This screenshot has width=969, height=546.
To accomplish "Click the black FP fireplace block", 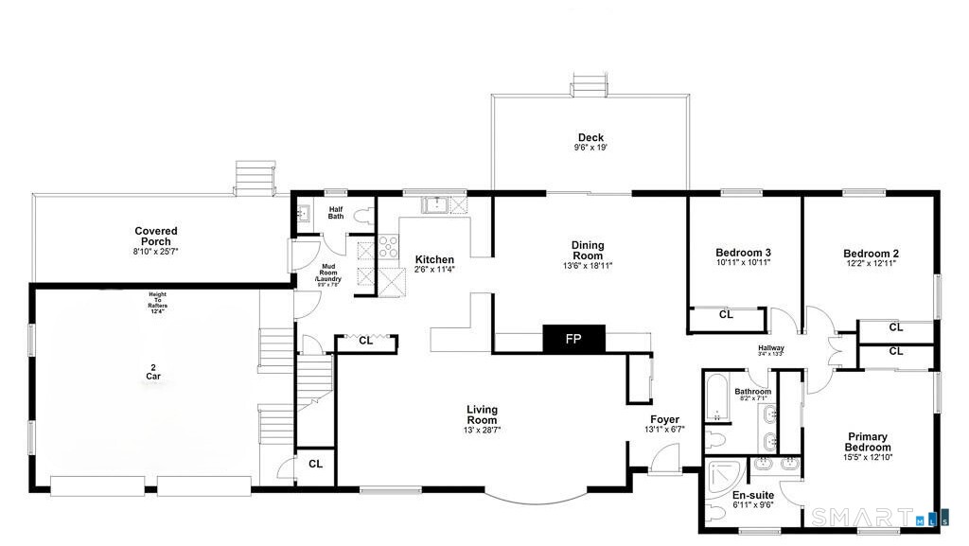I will pyautogui.click(x=573, y=339).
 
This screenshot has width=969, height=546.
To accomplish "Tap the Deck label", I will pyautogui.click(x=590, y=137).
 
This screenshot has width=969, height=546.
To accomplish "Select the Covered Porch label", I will pyautogui.click(x=156, y=236).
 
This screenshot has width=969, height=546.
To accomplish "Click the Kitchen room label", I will pyautogui.click(x=434, y=259).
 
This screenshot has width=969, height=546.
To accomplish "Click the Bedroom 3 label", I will pyautogui.click(x=743, y=253).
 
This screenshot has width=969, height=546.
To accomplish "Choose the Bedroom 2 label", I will pyautogui.click(x=871, y=253).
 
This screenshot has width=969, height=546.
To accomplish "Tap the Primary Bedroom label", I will pyautogui.click(x=867, y=442).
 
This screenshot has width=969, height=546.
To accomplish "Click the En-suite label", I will pyautogui.click(x=753, y=494).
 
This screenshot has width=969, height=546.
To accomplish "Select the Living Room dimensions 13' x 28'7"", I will pyautogui.click(x=482, y=430).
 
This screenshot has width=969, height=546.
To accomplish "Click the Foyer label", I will pyautogui.click(x=665, y=419).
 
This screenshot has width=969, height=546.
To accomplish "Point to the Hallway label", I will pyautogui.click(x=771, y=348).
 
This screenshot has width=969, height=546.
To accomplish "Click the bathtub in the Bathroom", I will pyautogui.click(x=716, y=399).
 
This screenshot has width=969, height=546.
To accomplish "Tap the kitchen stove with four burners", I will pyautogui.click(x=389, y=247).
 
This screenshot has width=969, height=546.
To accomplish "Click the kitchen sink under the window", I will pyautogui.click(x=434, y=204).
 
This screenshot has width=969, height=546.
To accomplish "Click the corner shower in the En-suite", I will pyautogui.click(x=726, y=478).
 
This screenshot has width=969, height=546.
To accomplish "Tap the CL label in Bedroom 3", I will pyautogui.click(x=726, y=315).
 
